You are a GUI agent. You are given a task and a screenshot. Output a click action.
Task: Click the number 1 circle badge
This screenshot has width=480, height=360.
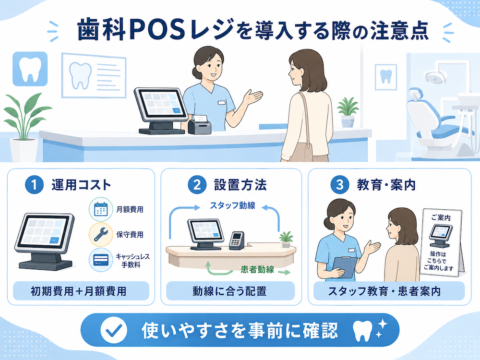34,185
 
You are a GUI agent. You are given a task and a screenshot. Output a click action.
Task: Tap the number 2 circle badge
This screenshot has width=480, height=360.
197,185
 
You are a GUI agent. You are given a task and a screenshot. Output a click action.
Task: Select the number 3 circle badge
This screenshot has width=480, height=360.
340,185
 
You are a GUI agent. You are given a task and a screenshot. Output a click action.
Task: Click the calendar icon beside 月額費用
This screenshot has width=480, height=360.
101,209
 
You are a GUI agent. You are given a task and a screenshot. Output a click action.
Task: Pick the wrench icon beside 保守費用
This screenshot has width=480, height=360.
101,235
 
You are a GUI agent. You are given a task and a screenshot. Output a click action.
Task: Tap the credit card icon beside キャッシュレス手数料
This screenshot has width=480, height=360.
101,260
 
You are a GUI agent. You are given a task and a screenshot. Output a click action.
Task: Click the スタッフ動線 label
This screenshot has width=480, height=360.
233,205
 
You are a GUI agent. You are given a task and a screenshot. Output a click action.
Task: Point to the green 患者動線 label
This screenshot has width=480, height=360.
257,269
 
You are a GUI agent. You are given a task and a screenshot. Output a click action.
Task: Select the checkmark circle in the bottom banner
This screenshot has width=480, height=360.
114,330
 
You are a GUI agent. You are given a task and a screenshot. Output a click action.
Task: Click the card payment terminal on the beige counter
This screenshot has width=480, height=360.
237,240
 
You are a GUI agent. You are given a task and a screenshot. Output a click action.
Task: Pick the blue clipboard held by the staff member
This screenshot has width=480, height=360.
345,267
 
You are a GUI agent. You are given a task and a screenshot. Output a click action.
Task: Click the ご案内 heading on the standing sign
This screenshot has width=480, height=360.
441,217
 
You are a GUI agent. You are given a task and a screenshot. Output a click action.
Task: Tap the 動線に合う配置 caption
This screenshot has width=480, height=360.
229,291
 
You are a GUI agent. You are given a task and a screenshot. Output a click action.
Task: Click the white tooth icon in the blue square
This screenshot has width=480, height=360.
30,69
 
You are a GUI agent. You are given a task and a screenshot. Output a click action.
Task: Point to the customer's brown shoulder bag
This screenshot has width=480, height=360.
302,144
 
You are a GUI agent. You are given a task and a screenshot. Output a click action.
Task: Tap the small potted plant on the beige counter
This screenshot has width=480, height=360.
286,240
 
